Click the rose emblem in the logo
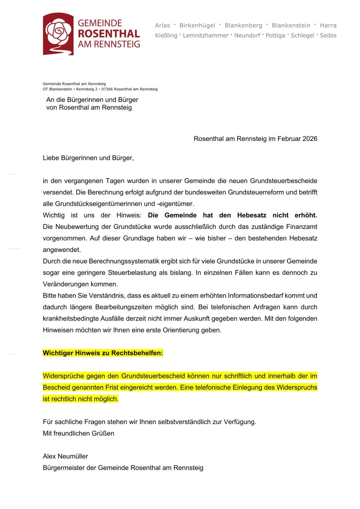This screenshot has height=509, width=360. click(58, 32)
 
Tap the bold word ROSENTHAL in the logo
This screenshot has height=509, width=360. click(109, 34)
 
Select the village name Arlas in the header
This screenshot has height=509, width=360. click(162, 25)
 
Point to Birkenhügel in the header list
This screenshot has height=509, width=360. click(197, 25)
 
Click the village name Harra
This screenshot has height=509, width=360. click(328, 25)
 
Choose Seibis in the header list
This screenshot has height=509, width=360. click(328, 35)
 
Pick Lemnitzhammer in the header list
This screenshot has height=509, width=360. click(206, 35)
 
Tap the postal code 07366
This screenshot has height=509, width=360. click(107, 89)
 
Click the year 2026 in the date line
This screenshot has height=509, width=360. click(310, 139)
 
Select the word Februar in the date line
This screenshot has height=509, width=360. click(289, 139)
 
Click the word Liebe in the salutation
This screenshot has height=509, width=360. click(51, 158)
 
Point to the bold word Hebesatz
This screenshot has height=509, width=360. click(251, 215)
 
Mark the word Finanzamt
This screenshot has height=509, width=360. click(301, 227)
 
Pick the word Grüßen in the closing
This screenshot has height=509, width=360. click(104, 433)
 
